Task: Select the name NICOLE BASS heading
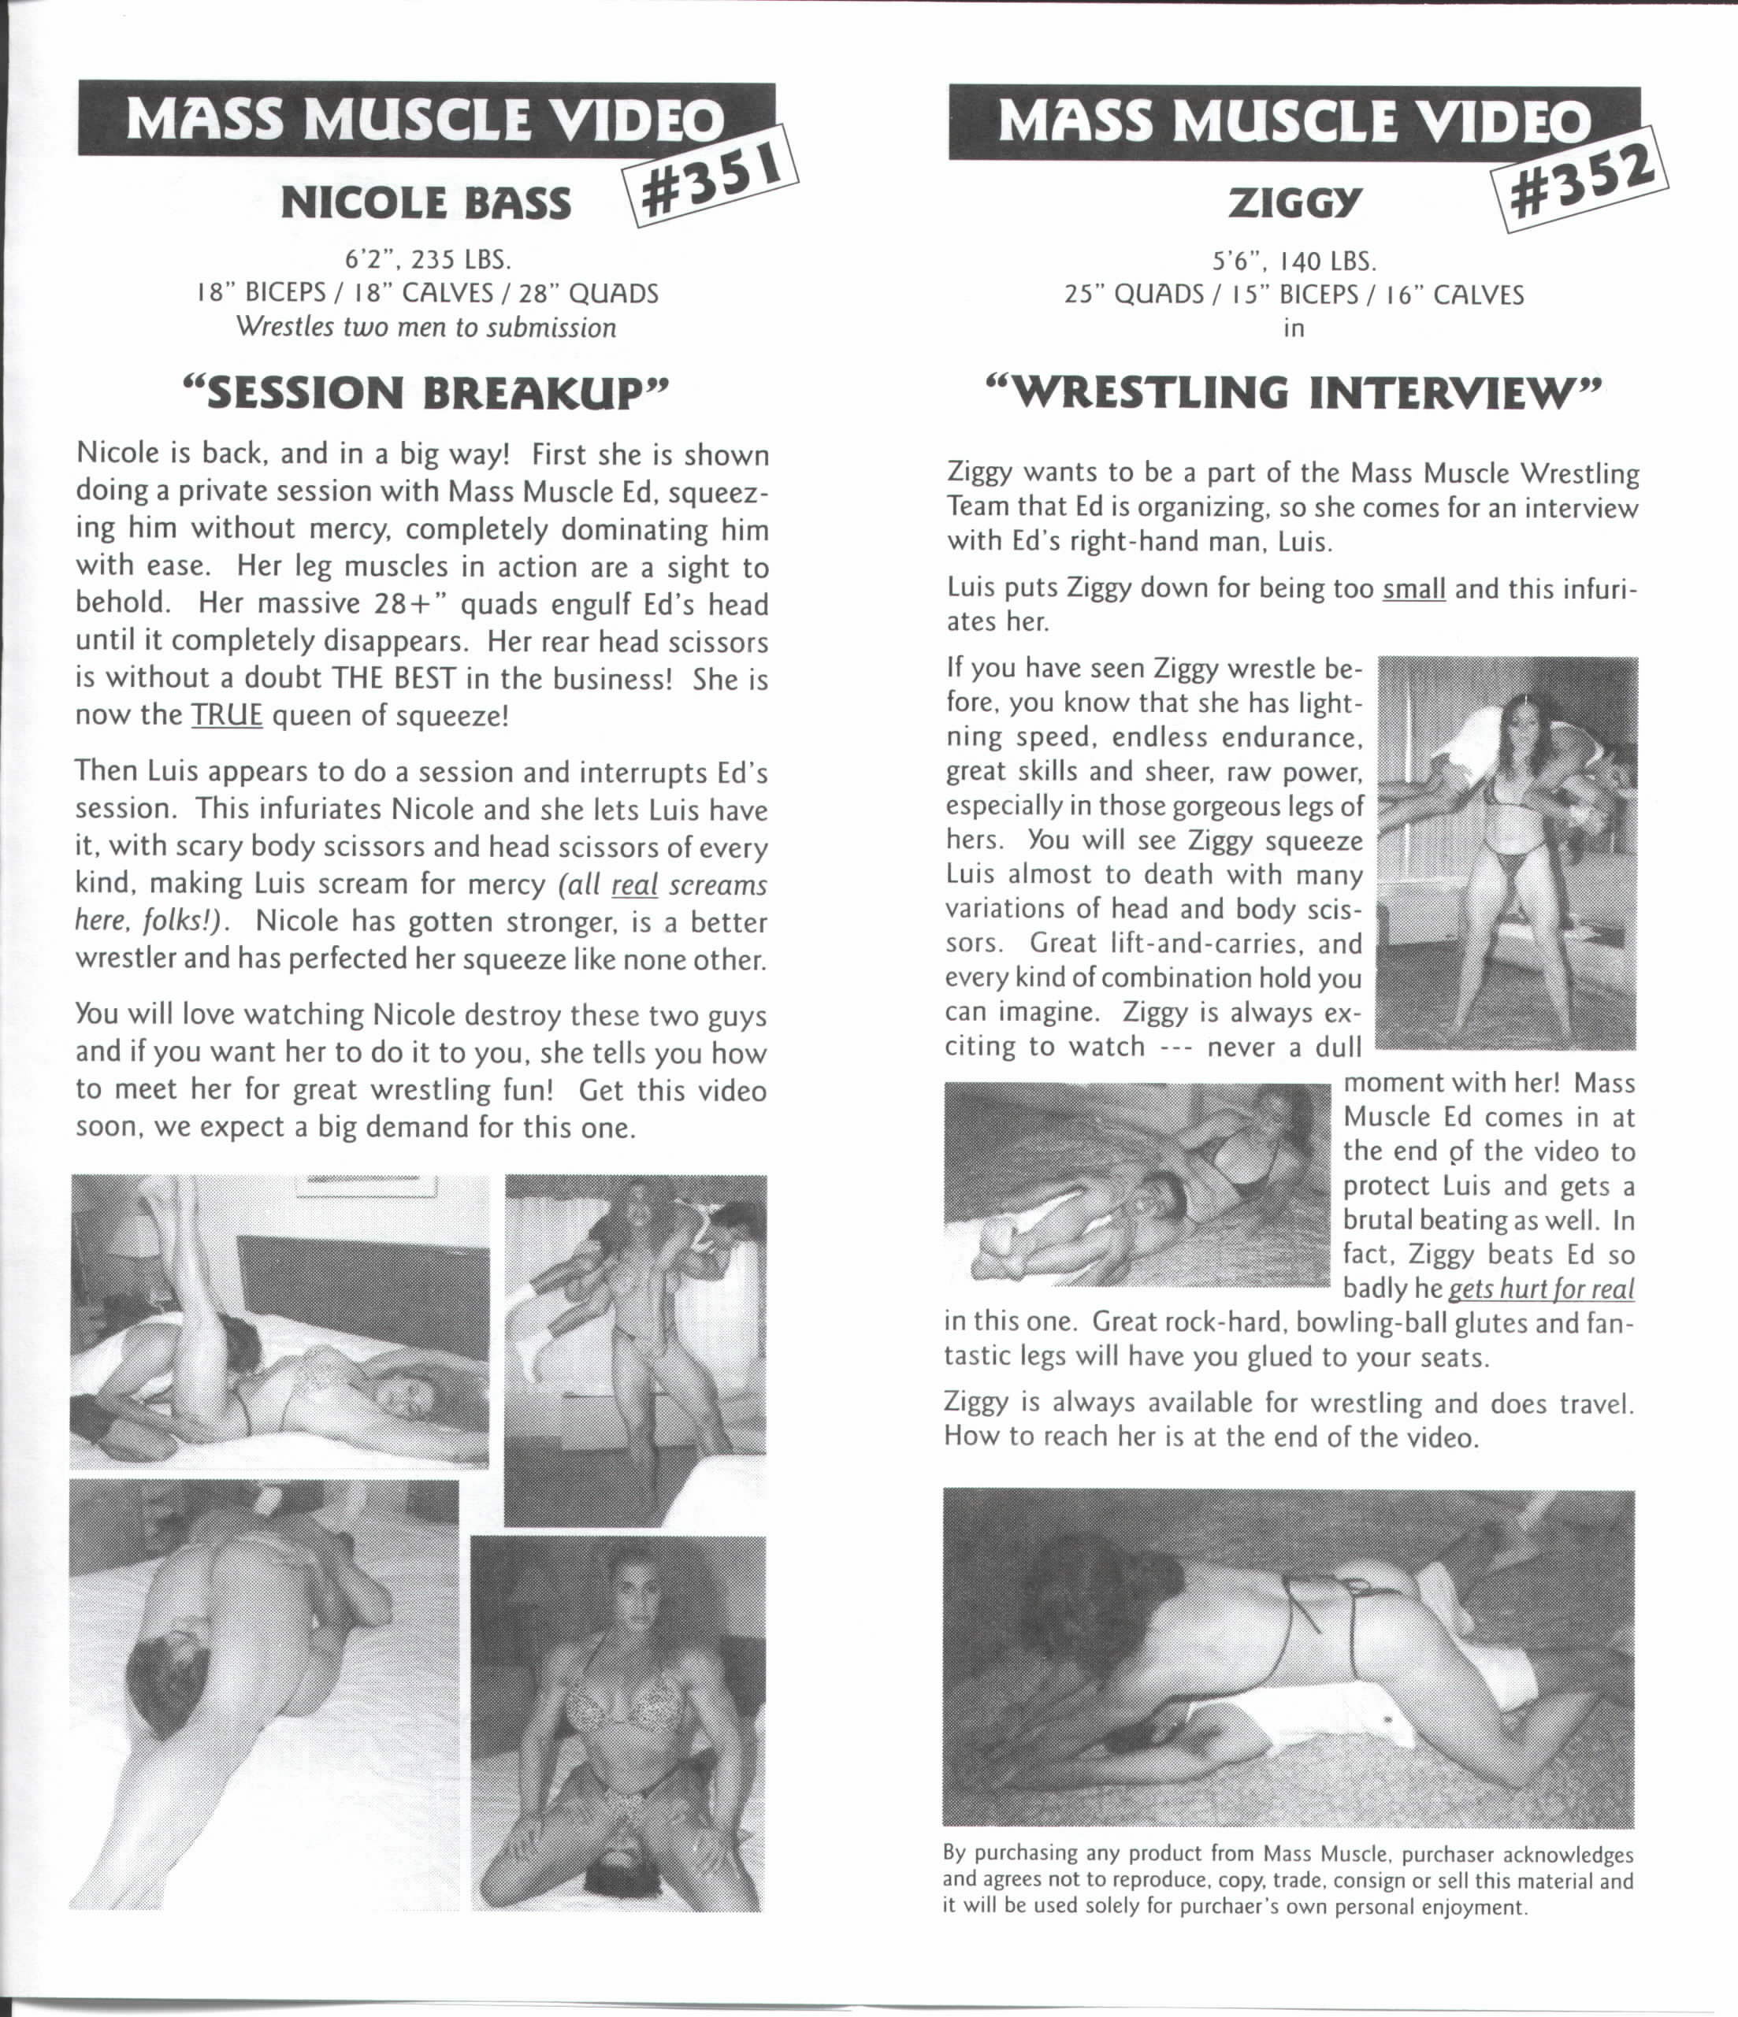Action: [x=426, y=203]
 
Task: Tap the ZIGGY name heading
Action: [x=1293, y=203]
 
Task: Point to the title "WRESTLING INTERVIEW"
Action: [x=1293, y=391]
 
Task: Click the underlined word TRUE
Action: [x=227, y=715]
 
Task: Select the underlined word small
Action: [x=1413, y=588]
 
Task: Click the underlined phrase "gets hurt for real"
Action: [x=1541, y=1288]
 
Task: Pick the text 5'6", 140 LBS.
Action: [x=1293, y=261]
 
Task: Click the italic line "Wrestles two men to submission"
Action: [x=426, y=327]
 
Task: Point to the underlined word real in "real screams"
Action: [x=635, y=885]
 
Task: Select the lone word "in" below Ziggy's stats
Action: [x=1293, y=328]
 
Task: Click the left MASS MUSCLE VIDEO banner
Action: [x=426, y=119]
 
